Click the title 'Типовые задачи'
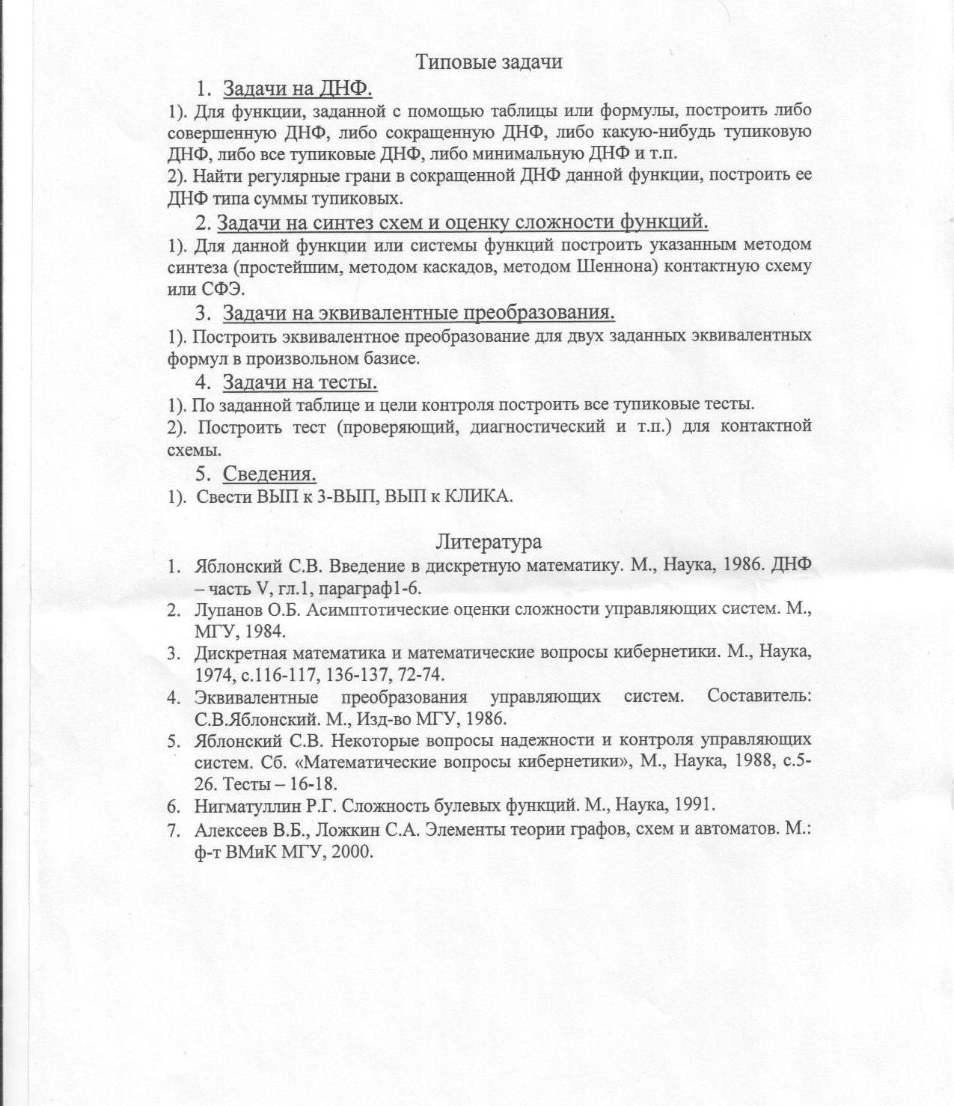(x=489, y=61)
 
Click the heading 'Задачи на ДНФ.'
(x=298, y=88)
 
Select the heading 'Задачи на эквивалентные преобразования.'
(x=418, y=312)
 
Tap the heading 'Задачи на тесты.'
(x=299, y=382)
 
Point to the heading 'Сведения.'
(x=269, y=474)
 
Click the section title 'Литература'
(x=489, y=540)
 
